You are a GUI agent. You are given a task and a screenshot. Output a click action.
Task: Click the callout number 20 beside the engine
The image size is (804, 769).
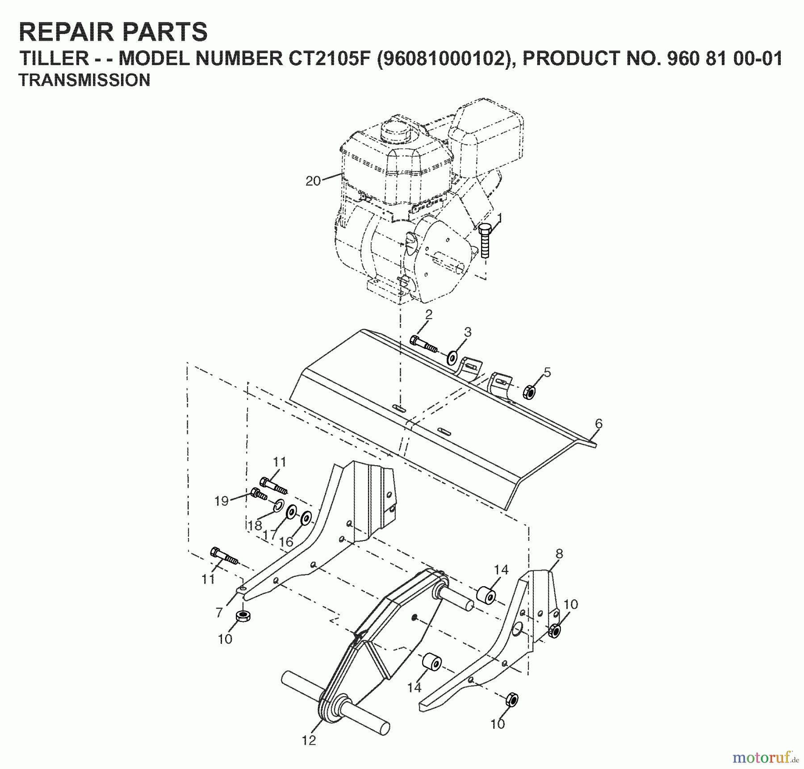[313, 181]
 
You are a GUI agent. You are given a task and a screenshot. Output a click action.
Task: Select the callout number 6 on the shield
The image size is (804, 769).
[599, 423]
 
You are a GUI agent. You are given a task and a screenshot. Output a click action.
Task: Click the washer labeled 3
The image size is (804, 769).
[452, 357]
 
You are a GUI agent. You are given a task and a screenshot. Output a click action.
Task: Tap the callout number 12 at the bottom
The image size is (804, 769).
[309, 740]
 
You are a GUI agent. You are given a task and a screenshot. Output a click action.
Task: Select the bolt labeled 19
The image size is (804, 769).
[258, 494]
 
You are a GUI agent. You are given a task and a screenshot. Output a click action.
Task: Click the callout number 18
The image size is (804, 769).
[255, 525]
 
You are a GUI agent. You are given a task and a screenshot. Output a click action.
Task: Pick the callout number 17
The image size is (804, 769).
[269, 534]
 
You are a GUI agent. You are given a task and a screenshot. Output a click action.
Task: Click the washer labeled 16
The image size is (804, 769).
[306, 519]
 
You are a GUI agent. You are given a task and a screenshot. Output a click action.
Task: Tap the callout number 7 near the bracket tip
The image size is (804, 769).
[219, 612]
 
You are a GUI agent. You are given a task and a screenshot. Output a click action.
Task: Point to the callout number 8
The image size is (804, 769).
[559, 554]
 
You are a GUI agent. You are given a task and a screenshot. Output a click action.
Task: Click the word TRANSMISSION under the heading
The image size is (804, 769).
[84, 80]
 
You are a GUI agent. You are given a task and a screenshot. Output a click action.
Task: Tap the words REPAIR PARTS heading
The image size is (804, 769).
[113, 32]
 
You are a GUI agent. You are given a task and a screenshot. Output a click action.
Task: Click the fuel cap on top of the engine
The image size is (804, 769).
[395, 130]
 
